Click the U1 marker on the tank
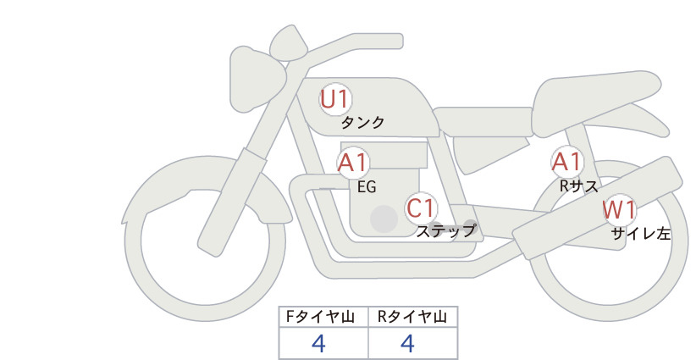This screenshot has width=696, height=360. [x=335, y=100]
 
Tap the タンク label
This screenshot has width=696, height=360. [x=362, y=123]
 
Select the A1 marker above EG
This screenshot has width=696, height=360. [x=353, y=163]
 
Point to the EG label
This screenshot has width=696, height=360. [x=367, y=187]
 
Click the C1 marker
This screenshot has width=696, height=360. [x=421, y=208]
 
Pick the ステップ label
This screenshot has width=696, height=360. [x=445, y=231]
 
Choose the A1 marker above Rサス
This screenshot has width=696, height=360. [x=566, y=162]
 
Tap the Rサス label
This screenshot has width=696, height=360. [x=578, y=186]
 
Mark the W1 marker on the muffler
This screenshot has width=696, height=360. [x=619, y=210]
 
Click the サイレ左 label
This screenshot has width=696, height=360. [x=641, y=234]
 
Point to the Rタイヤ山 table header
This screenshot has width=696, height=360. [x=412, y=317]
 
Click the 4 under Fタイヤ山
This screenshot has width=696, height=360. [x=318, y=343]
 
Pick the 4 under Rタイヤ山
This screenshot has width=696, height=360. [x=407, y=343]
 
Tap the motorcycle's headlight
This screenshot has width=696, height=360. [x=257, y=80]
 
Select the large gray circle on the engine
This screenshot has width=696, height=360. [x=384, y=219]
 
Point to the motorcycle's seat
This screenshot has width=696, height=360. [x=594, y=100]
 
